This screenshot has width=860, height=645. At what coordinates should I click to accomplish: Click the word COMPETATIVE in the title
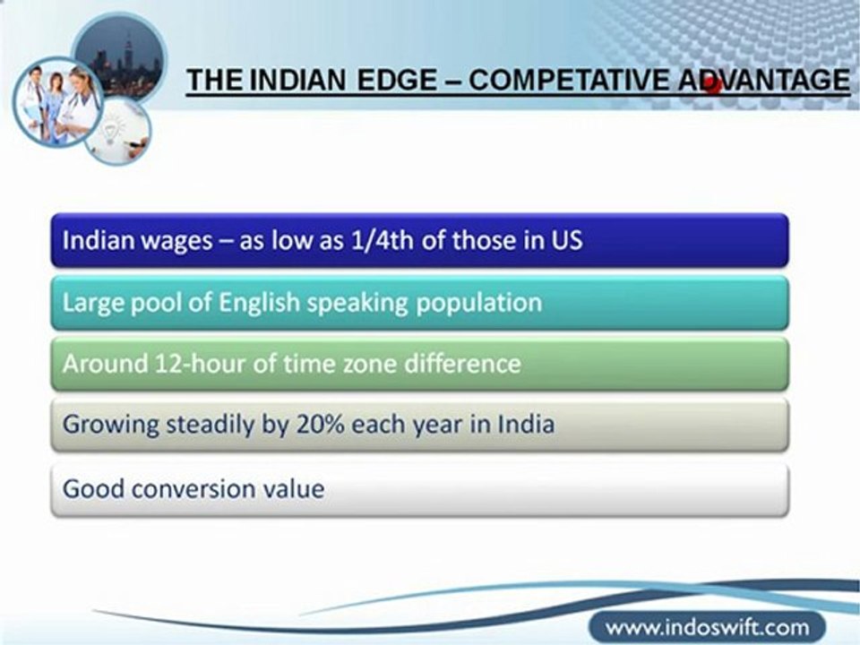tap(569, 80)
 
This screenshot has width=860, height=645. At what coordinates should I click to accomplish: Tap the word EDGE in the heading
tap(397, 80)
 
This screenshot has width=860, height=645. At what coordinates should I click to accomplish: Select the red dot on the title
tap(713, 85)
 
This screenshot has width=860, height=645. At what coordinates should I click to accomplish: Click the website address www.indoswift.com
tap(707, 626)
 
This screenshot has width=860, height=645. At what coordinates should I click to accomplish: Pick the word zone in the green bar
tap(370, 365)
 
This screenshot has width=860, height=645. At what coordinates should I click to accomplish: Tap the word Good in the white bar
tap(92, 489)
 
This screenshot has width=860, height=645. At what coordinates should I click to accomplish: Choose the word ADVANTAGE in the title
tap(763, 80)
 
